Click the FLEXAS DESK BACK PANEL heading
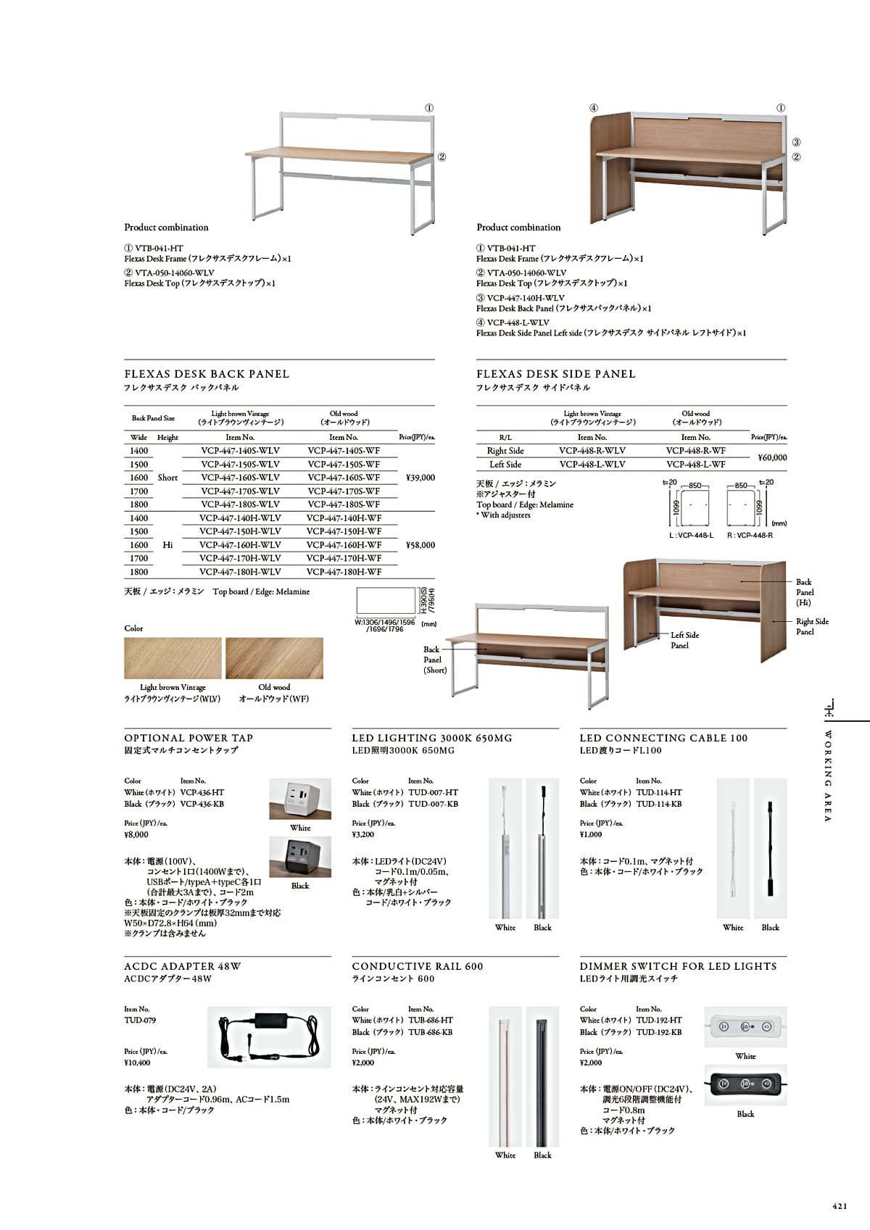207,374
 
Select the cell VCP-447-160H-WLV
240,545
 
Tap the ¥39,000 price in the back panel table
420,478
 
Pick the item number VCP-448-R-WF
695,451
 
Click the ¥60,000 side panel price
772,457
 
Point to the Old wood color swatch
274,659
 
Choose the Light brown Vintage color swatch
173,659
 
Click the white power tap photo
300,799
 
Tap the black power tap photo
300,857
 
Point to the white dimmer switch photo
745,1026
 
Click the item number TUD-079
140,1021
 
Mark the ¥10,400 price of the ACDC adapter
137,1063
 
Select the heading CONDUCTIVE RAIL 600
417,966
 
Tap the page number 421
840,1207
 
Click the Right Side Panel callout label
811,626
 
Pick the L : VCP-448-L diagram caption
691,536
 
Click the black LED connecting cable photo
770,848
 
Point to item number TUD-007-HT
433,792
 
